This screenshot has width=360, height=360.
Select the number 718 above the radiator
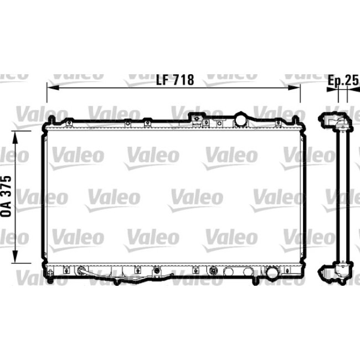pyautogui.click(x=182, y=80)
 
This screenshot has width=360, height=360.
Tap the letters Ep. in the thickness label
pyautogui.click(x=333, y=80)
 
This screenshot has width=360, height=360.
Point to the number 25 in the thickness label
pyautogui.click(x=351, y=80)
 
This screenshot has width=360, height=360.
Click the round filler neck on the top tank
pyautogui.click(x=241, y=119)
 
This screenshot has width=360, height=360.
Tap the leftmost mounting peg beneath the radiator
pyautogui.click(x=50, y=280)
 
